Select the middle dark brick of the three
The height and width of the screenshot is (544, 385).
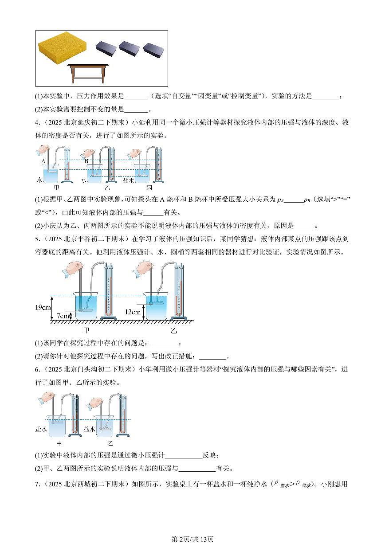[x=129, y=48]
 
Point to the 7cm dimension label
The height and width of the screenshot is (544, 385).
[x=64, y=316]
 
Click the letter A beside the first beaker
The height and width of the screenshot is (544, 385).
[x=43, y=162]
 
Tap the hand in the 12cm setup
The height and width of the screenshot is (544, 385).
[x=146, y=267]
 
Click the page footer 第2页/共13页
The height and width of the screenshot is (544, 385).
[x=192, y=539]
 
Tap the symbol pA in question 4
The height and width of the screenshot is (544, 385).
[x=279, y=200]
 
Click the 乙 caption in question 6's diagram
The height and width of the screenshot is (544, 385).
[x=110, y=443]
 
